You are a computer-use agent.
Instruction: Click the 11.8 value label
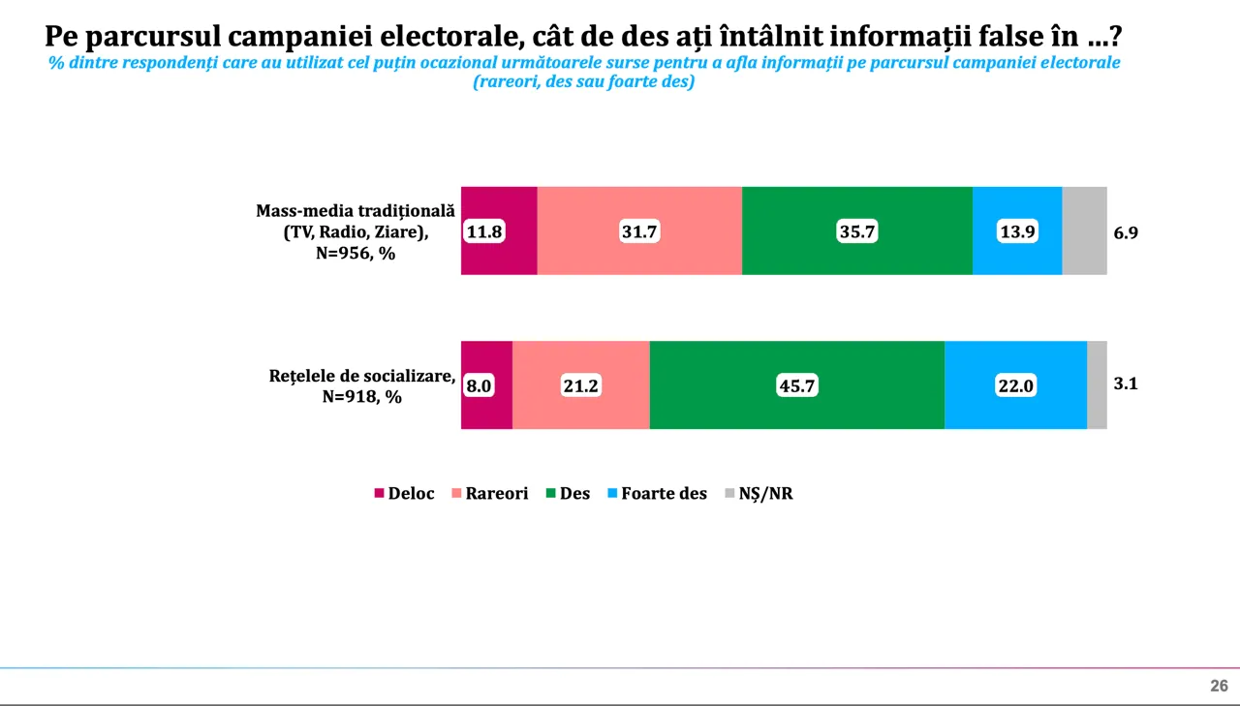click(484, 232)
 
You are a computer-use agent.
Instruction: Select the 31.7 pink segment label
click(639, 232)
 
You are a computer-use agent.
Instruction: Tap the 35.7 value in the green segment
click(857, 232)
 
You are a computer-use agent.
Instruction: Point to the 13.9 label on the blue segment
click(1017, 232)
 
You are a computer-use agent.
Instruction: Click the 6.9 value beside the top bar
click(1125, 232)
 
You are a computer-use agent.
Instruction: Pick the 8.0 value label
click(479, 385)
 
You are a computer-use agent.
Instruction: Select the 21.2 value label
click(581, 385)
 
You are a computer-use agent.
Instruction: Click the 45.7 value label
click(797, 385)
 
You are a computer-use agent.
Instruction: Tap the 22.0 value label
click(1015, 385)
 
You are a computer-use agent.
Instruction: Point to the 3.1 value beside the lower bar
click(1125, 384)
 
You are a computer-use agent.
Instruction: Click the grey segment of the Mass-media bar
click(1084, 230)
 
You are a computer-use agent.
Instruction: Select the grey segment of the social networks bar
click(1097, 384)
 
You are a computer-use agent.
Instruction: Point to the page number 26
click(1219, 686)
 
